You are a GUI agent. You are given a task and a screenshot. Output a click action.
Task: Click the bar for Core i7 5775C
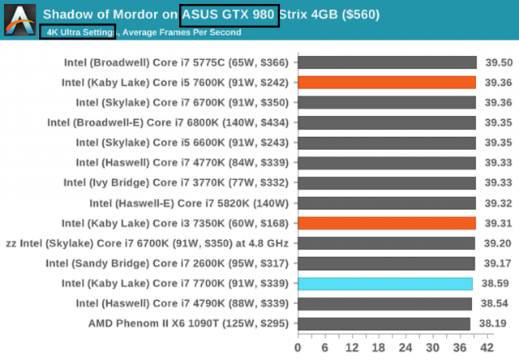[x=387, y=62]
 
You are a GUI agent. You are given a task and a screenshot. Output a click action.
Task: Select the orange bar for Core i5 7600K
[x=387, y=82]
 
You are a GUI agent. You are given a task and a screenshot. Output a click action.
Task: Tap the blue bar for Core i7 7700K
[x=385, y=284]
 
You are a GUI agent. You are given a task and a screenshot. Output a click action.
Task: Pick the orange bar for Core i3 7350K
[x=387, y=223]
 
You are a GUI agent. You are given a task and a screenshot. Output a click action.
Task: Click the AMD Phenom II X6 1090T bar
[x=384, y=324]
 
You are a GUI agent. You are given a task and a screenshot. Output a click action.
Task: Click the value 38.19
[x=495, y=324]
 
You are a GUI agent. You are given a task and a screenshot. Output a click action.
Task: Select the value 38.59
[x=495, y=284]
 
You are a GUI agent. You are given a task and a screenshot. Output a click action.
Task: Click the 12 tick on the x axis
[x=352, y=347]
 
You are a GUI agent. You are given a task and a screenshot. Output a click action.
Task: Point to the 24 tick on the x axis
[x=405, y=347]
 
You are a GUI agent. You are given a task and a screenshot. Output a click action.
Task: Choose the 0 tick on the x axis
[x=298, y=347]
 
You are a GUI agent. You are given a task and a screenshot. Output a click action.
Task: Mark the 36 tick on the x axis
[x=459, y=347]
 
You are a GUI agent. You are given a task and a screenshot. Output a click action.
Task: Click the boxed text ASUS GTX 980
[x=230, y=15]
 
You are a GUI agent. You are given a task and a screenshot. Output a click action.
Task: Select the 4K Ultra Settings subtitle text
[x=78, y=32]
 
